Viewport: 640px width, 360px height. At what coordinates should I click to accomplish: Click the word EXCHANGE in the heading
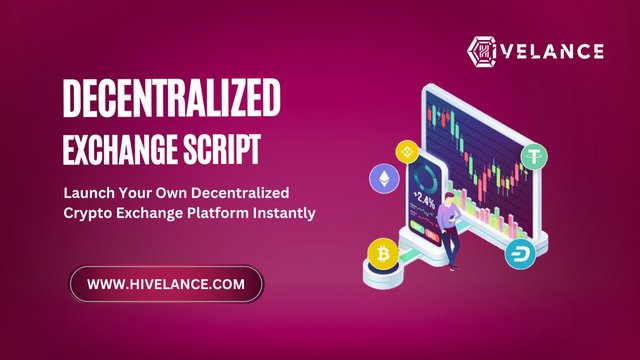coord(118,150)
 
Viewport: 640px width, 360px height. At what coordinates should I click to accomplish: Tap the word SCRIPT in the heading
coord(221,150)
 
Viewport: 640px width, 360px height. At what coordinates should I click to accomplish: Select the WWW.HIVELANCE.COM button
coord(166,285)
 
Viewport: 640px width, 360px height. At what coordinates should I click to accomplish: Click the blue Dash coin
coord(521,252)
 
